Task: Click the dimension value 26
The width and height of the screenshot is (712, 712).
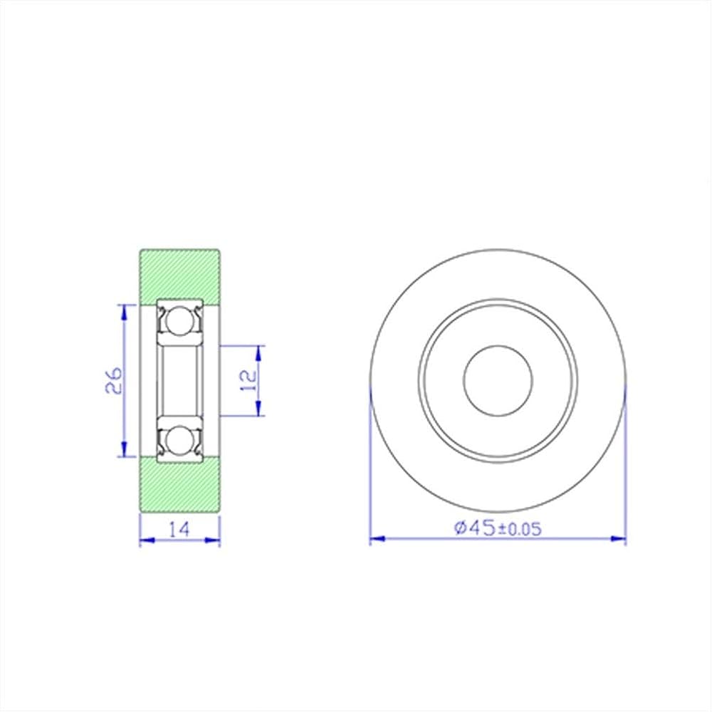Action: (114, 380)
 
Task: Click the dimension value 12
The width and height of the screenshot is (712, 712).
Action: (249, 380)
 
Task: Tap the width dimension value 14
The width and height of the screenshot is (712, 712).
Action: (179, 529)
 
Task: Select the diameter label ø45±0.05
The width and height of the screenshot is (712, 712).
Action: (498, 528)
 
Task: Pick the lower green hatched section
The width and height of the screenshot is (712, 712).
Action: (180, 484)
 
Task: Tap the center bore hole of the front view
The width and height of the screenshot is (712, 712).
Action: (498, 380)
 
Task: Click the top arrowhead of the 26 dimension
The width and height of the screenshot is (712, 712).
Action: (123, 313)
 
